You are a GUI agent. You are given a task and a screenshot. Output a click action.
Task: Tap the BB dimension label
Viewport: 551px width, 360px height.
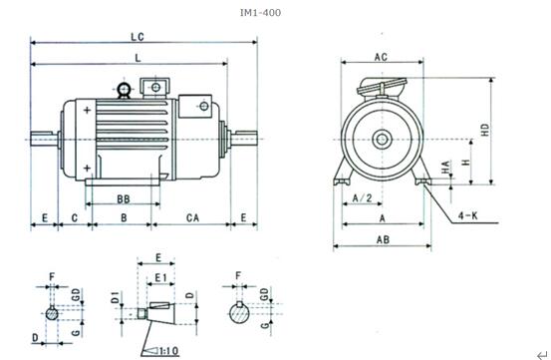(123, 199)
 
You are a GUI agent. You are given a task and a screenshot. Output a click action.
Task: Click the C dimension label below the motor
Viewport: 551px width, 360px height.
(74, 216)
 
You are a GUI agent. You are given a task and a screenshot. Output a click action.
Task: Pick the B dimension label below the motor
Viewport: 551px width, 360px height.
(122, 216)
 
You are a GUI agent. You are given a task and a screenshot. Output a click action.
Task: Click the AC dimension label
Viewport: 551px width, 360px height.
(381, 58)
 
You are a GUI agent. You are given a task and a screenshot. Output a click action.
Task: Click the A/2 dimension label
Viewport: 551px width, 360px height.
(364, 199)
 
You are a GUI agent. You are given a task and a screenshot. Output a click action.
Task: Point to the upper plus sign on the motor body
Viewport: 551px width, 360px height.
(89, 110)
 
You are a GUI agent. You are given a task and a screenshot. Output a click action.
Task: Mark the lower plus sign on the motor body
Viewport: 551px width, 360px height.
(89, 166)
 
